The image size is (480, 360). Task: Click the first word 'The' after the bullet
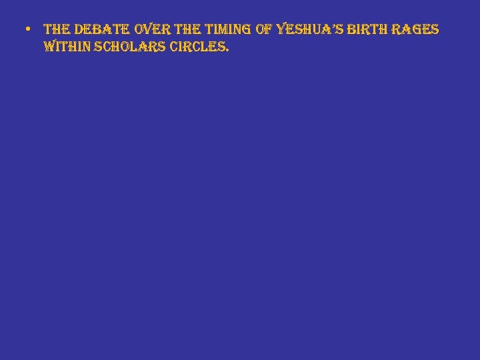[x=57, y=30]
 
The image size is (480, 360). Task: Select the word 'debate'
[x=102, y=30]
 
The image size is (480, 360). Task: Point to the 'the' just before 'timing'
[x=189, y=30]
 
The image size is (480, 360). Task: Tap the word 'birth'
[x=367, y=30]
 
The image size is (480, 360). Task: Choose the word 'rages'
[x=416, y=30]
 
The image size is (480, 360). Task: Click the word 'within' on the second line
[x=67, y=48]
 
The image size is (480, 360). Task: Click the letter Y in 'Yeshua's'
[x=281, y=30]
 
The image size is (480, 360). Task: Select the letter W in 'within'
[x=49, y=48]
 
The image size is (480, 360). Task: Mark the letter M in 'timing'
[x=226, y=30]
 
